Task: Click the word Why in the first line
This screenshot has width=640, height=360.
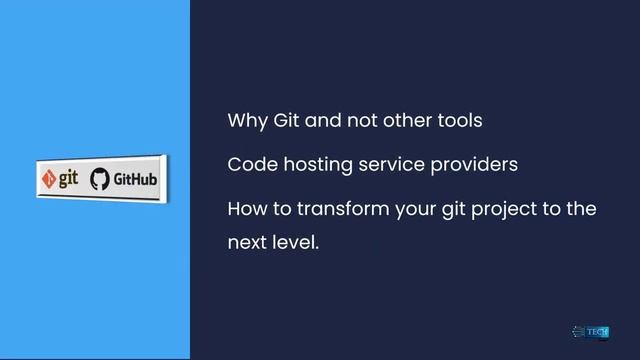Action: click(x=243, y=122)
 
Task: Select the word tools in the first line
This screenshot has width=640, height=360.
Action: click(x=460, y=122)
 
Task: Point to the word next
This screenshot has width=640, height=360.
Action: click(x=248, y=243)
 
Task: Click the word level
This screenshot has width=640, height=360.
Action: click(x=298, y=242)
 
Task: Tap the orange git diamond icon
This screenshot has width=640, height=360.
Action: click(x=48, y=180)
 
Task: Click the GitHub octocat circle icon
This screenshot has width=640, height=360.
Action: click(x=99, y=179)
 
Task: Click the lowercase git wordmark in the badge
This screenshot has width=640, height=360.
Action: click(x=67, y=179)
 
